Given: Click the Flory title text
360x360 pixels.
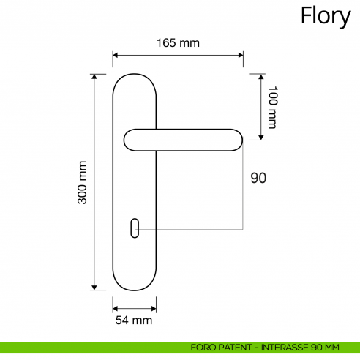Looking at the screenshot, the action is point(326,17).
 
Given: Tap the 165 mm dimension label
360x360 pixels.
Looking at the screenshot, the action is point(178,43).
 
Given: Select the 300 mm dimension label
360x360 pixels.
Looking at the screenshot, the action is point(82,182).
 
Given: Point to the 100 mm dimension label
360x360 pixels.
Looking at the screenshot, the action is point(273,107).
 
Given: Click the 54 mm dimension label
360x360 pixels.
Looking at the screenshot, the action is point(134,320).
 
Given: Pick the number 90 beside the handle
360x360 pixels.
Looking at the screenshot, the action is point(258,178).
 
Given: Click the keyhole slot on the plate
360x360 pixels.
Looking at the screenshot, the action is point(135,228).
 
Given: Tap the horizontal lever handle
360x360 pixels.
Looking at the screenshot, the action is point(183,140).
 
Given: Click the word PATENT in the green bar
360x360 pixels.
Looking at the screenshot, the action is point(235,348).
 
